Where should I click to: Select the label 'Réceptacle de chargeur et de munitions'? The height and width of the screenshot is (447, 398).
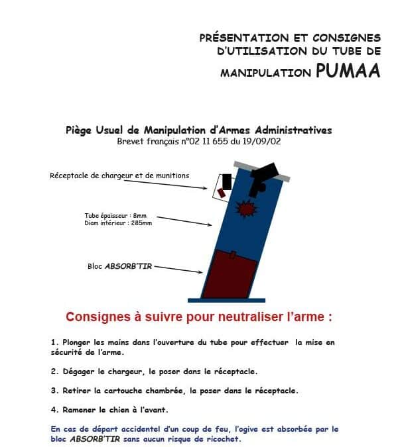coord(119,175)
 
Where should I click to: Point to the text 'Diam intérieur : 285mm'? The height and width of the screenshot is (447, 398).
coord(118,223)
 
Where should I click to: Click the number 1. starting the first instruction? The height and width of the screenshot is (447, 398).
coord(54,342)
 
